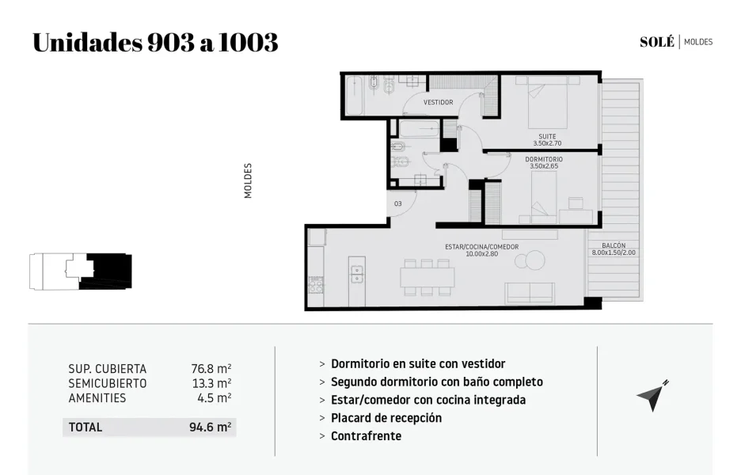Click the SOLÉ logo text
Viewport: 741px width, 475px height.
[x=657, y=42]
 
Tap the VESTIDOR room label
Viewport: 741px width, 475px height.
[x=438, y=102]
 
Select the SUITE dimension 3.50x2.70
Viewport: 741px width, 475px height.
[x=547, y=143]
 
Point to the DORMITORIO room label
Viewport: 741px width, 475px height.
[x=544, y=159]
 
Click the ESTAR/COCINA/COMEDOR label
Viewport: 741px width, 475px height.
[x=481, y=247]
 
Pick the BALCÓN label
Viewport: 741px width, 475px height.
[x=614, y=245]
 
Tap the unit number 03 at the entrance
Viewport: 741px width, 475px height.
[x=398, y=203]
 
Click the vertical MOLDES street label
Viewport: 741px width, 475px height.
[x=248, y=180]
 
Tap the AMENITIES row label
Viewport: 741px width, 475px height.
[x=97, y=398]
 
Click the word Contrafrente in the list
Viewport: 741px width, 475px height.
[x=367, y=435]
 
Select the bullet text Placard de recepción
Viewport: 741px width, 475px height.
[x=386, y=418]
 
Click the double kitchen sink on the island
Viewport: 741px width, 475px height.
[x=357, y=274]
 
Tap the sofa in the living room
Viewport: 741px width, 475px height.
[x=530, y=293]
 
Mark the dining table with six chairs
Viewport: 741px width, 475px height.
[x=427, y=277]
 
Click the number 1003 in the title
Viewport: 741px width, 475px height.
[x=248, y=42]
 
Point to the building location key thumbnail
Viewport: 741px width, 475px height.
[x=80, y=272]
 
